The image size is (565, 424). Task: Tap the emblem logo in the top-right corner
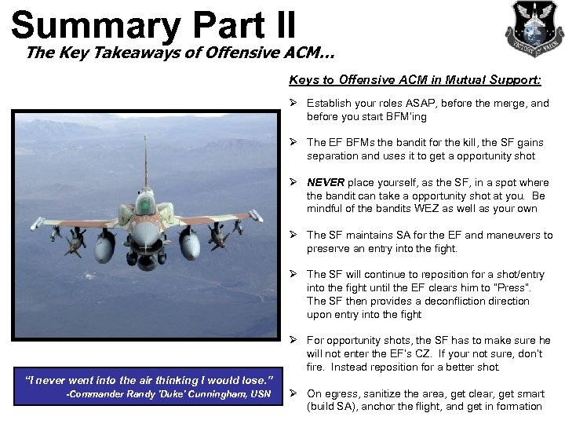pyautogui.click(x=534, y=28)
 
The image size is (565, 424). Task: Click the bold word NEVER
pyautogui.click(x=325, y=182)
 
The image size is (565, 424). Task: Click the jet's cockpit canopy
pyautogui.click(x=144, y=203)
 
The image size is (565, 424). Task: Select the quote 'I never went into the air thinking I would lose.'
pyautogui.click(x=149, y=380)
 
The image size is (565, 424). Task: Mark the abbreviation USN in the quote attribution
pyautogui.click(x=261, y=394)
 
